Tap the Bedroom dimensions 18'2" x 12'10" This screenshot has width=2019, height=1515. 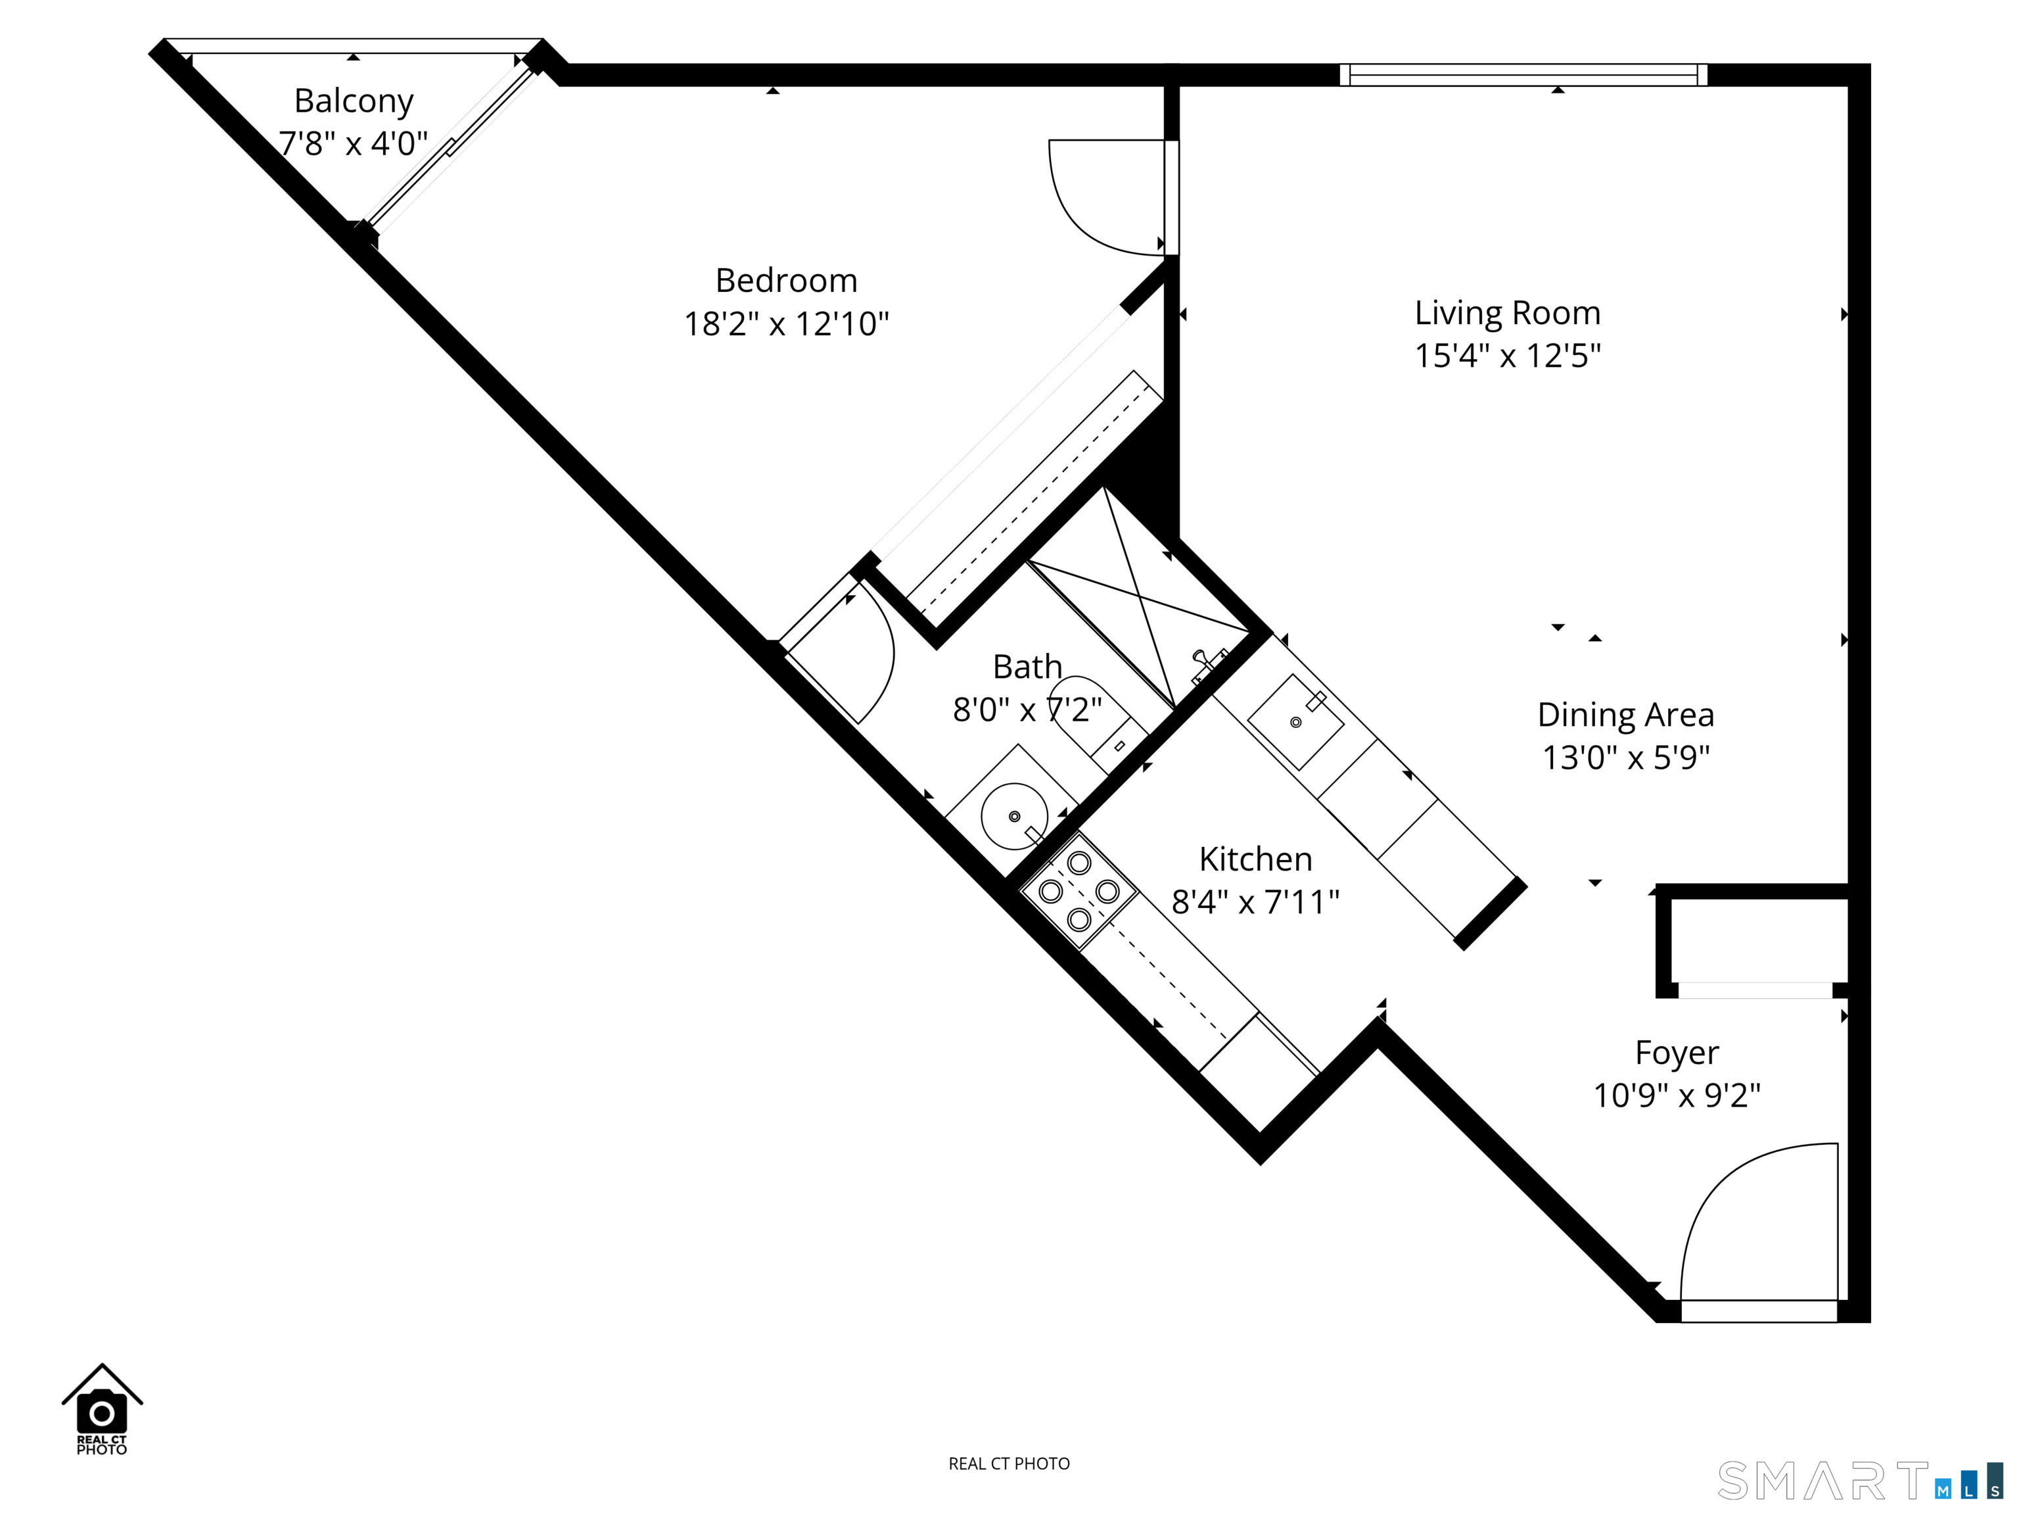click(786, 324)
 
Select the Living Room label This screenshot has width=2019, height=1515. click(1508, 313)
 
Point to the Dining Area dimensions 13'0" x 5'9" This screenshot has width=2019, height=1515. click(1625, 757)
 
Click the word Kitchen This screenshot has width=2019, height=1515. click(1255, 859)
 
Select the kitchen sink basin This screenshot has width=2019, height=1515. click(1295, 721)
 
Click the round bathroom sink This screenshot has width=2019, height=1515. click(1014, 817)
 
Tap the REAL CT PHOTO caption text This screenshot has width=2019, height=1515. click(1009, 1464)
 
